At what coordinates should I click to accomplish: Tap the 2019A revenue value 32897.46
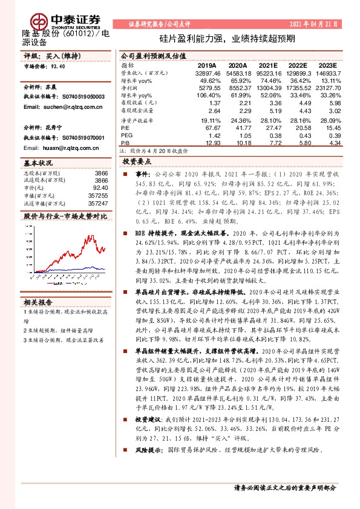click(208, 73)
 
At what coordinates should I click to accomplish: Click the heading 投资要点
click(136, 163)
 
